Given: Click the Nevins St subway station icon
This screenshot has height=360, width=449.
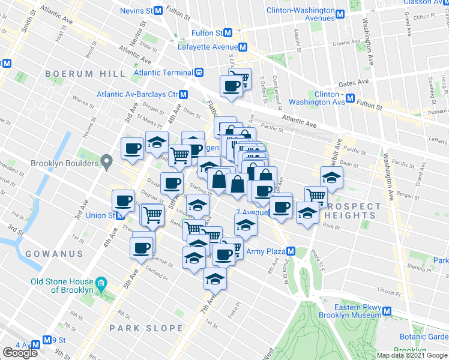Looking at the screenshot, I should [158, 11].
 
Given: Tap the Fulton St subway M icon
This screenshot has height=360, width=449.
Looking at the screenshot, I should [228, 33].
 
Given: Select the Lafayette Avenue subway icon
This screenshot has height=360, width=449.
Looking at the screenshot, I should [243, 47].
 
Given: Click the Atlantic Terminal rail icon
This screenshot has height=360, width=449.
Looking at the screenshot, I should [198, 73].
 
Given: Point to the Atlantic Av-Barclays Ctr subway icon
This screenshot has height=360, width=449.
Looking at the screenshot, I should [184, 94].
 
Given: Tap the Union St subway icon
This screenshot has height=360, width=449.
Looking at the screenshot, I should [112, 215].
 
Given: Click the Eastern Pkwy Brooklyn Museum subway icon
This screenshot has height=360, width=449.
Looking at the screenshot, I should [387, 311].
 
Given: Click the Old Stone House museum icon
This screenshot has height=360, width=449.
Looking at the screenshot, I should [101, 282].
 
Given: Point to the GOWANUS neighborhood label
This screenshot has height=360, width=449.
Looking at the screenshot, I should [54, 254].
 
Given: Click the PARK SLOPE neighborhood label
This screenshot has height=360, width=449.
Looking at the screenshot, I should [146, 328].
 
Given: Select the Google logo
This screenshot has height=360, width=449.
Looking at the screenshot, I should [20, 353].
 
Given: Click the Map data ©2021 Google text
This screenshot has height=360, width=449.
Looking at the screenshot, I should [411, 355].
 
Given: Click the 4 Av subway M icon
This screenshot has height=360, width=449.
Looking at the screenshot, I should [36, 345].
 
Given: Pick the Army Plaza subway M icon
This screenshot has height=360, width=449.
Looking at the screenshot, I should [291, 251].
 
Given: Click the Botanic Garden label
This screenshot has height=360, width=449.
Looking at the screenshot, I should [425, 337].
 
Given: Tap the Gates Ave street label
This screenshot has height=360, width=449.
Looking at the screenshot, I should [354, 82].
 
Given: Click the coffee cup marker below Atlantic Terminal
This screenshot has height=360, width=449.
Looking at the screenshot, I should [231, 86].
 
